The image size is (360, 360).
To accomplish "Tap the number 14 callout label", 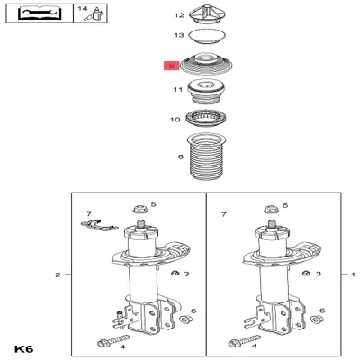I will (x=83, y=9).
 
